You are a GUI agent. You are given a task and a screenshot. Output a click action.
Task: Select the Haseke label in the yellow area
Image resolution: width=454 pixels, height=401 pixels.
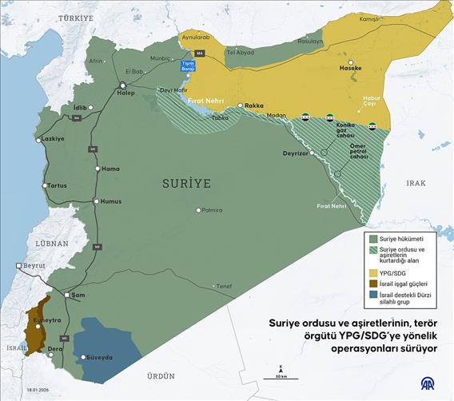click(352, 68)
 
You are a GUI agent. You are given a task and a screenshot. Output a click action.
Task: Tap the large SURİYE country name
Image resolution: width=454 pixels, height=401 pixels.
click(186, 183)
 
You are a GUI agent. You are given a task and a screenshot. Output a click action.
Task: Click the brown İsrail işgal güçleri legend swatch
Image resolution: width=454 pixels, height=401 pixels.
click(372, 284)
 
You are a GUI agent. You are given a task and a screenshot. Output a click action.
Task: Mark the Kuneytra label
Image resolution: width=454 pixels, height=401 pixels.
click(46, 320)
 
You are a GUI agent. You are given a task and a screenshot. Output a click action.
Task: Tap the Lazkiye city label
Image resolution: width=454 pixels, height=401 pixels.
click(52, 137)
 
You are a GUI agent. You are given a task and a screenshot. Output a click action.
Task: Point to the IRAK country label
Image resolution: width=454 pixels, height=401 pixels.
click(416, 183)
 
